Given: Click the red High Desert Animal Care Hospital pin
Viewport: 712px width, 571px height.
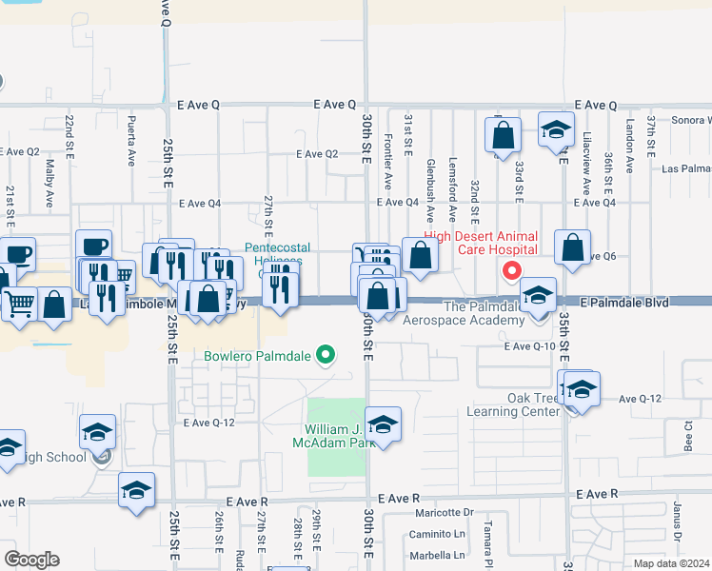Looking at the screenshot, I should coord(511,271).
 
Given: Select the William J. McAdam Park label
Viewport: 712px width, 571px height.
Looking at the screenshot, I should coord(336,436).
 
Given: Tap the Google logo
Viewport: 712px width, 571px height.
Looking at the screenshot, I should coord(31,559).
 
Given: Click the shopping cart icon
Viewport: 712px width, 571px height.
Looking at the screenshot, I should coord(18,304).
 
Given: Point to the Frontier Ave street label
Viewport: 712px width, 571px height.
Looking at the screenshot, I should coord(387,148).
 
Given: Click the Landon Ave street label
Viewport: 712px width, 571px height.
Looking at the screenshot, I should coord(630,137).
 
